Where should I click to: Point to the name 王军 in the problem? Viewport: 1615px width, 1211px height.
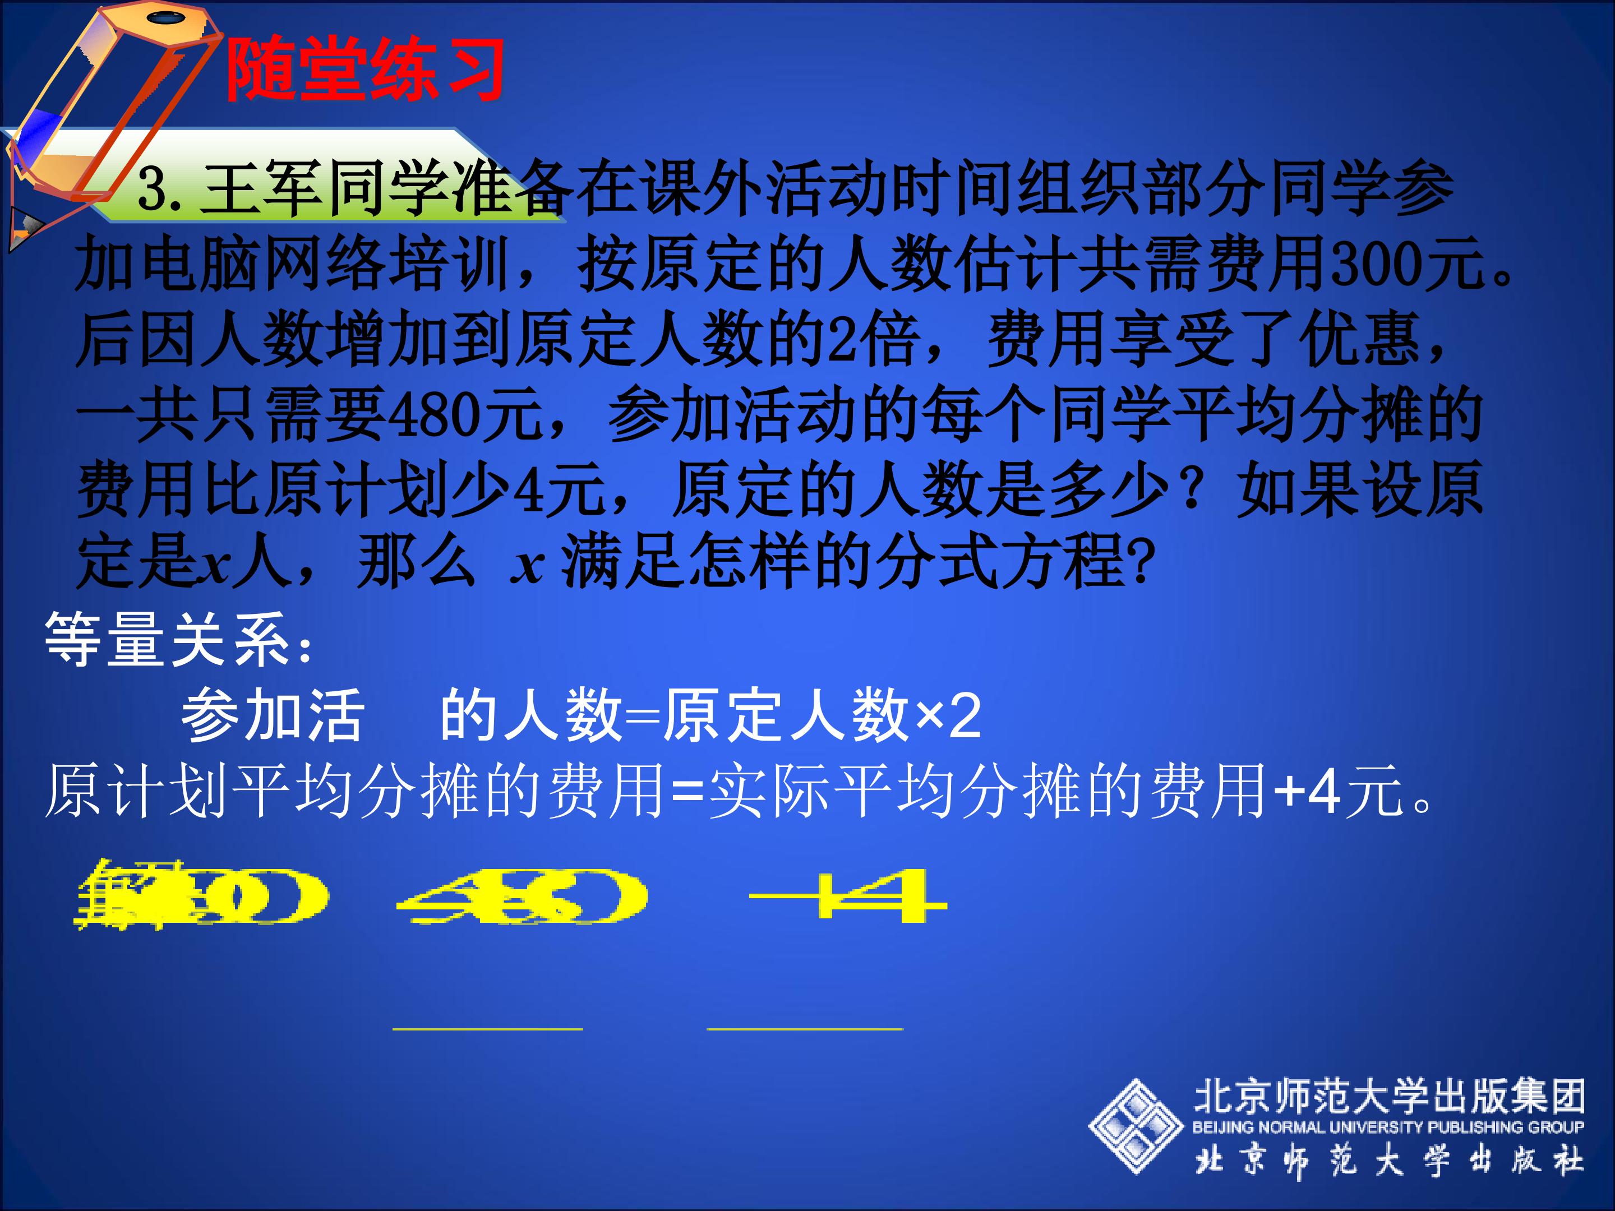coord(263,188)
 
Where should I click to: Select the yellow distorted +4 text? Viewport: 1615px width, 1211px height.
coord(847,896)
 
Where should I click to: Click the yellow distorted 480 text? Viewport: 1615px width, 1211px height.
coord(522,896)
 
